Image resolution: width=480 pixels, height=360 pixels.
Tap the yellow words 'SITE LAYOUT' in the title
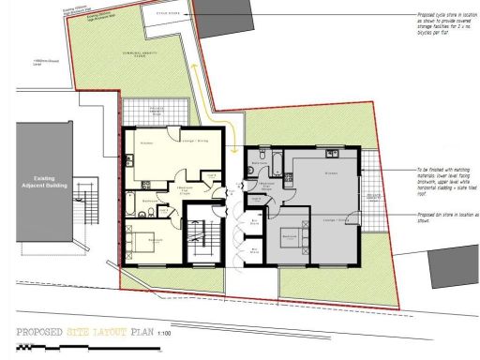pyautogui.click(x=97, y=332)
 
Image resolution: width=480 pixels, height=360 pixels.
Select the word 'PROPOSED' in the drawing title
pyautogui.click(x=45, y=332)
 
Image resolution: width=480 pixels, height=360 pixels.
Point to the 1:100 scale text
pyautogui.click(x=164, y=333)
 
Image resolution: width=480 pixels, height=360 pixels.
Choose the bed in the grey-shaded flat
pyautogui.click(x=292, y=238)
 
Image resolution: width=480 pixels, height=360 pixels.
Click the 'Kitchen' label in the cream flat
pyautogui.click(x=146, y=142)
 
